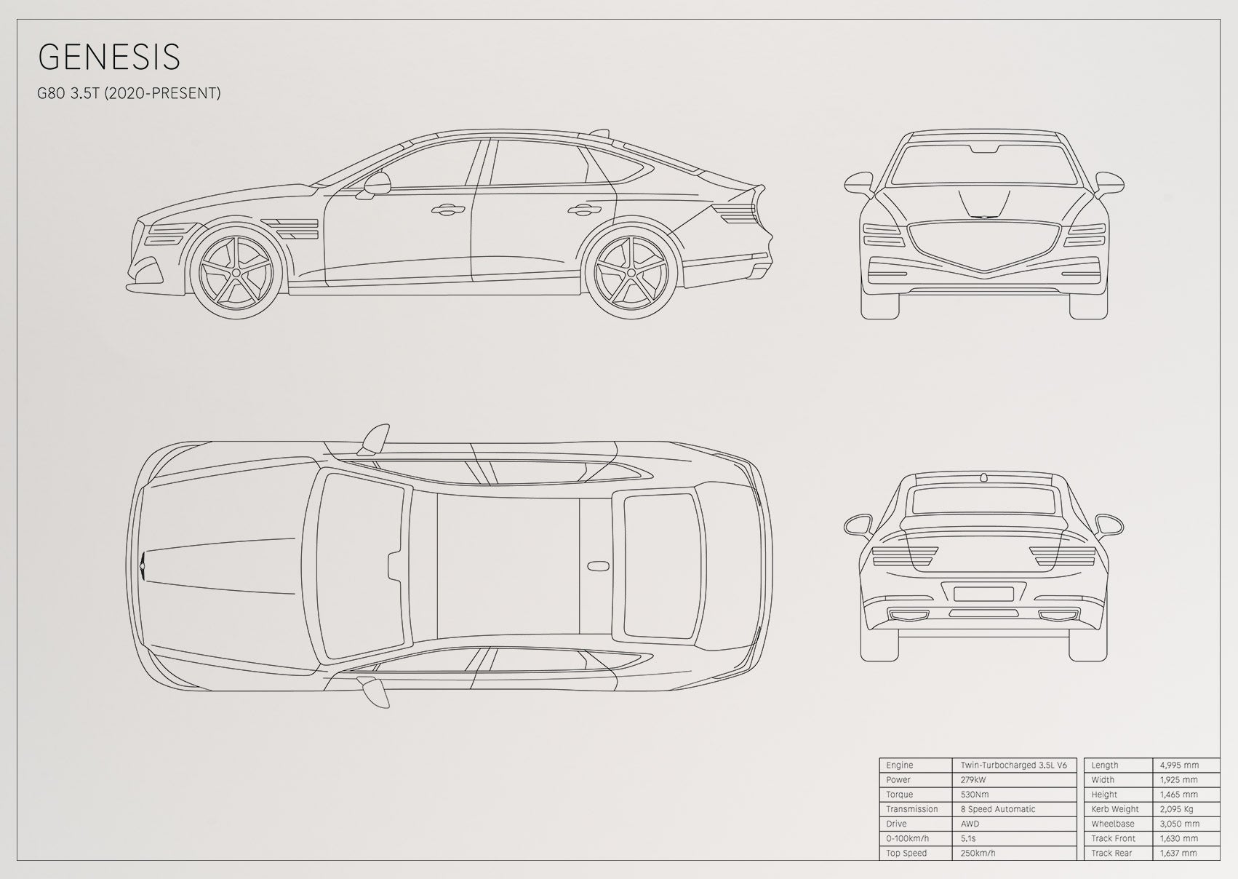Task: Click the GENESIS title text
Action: click(109, 57)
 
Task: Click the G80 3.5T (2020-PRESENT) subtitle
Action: click(129, 93)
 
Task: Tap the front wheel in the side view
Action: click(236, 272)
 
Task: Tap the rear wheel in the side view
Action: click(631, 272)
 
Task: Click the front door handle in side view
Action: click(447, 210)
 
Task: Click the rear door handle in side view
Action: click(585, 210)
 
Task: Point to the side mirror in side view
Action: click(376, 185)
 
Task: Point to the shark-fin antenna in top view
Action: click(597, 566)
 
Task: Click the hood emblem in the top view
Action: click(143, 566)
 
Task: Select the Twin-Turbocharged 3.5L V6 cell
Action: click(1014, 765)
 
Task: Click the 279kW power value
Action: click(973, 780)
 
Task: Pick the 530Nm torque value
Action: click(975, 795)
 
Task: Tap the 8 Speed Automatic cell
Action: click(997, 809)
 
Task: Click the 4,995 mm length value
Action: click(1179, 765)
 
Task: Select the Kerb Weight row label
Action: click(1115, 809)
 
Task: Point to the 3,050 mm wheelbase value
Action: click(1179, 824)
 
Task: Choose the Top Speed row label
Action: click(906, 853)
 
